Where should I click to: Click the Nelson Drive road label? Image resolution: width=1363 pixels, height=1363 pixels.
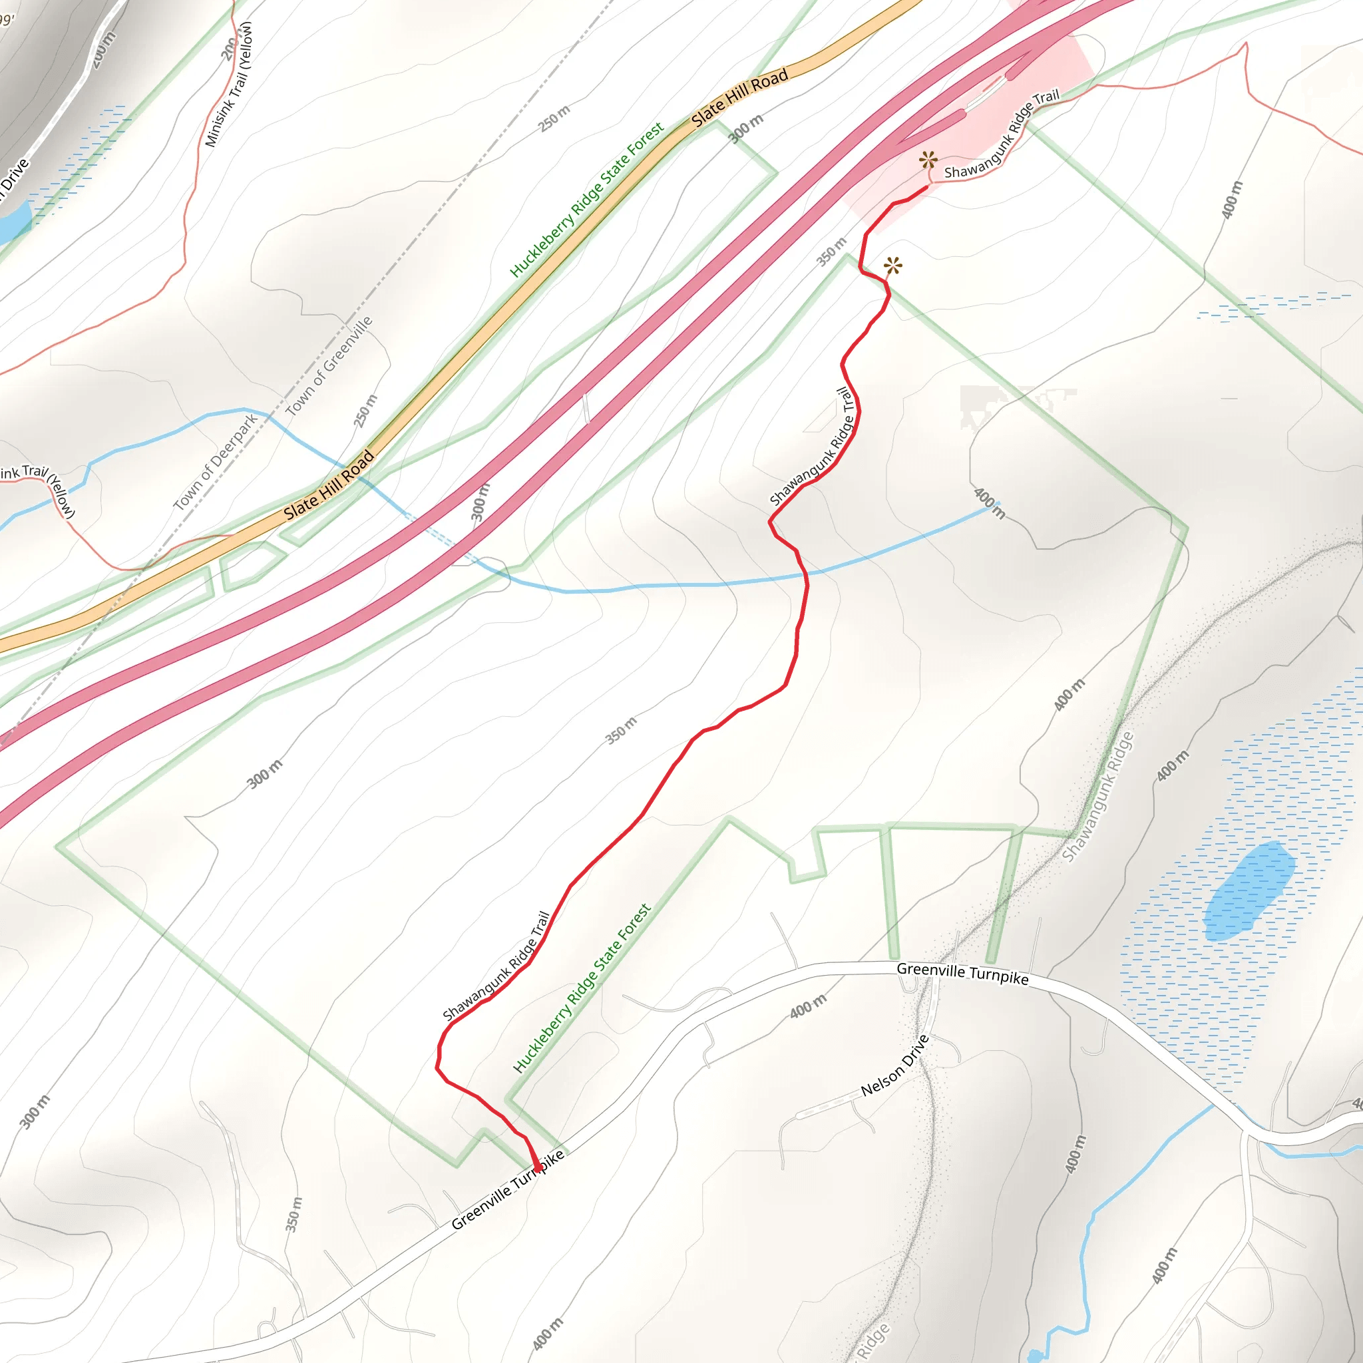(894, 1066)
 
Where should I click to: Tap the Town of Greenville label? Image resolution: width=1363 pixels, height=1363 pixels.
(329, 366)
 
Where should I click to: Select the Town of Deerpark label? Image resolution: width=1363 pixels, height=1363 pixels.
(216, 462)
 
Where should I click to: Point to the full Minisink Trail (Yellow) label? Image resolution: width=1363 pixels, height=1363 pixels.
(228, 85)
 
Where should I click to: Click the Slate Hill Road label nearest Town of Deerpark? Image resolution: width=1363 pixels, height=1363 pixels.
(329, 485)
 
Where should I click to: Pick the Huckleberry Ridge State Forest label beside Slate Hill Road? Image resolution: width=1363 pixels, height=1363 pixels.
(586, 200)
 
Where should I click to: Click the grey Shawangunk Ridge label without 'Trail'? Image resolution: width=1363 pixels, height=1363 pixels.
(1097, 797)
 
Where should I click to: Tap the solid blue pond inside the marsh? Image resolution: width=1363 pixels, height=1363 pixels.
(1249, 891)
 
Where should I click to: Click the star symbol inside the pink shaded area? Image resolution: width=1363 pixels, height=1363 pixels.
(928, 160)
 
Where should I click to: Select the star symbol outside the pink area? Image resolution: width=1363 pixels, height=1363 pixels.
(893, 266)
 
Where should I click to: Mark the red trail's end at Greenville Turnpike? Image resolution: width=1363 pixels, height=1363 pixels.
(538, 1169)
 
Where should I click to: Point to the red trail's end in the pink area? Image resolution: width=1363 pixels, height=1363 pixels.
(927, 187)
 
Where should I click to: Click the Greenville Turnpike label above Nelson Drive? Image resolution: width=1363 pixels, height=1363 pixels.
(962, 974)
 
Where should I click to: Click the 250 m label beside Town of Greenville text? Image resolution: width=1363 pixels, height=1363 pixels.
(365, 411)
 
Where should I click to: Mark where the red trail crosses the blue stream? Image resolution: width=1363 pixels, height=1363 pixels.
(806, 574)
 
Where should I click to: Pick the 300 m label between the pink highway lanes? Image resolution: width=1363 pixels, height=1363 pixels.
(480, 502)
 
